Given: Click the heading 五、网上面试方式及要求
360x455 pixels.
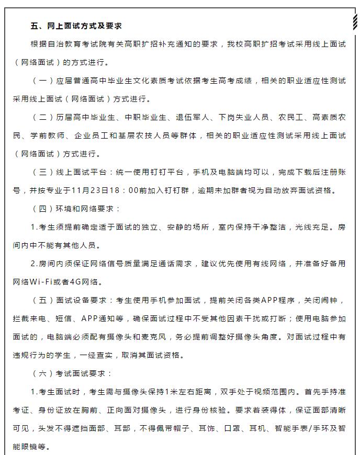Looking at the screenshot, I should (76, 26).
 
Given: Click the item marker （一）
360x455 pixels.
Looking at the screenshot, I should (43, 81).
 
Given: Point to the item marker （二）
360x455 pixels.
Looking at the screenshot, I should (43, 118).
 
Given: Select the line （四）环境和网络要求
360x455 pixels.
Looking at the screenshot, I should (76, 209).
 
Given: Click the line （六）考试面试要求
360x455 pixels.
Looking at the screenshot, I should (72, 374).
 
